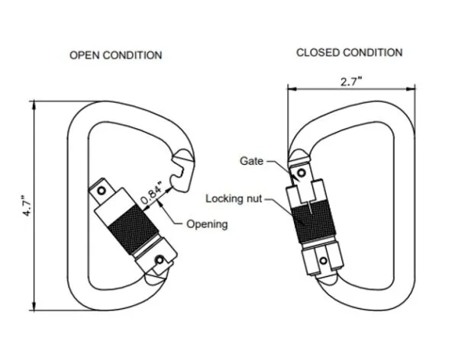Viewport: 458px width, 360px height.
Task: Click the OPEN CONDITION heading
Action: [x=115, y=55]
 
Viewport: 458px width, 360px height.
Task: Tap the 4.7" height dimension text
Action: [x=24, y=207]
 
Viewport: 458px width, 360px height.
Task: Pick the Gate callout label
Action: [x=251, y=161]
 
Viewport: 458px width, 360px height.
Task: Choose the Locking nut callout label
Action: [x=234, y=198]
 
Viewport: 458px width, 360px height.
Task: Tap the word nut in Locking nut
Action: [x=255, y=198]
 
